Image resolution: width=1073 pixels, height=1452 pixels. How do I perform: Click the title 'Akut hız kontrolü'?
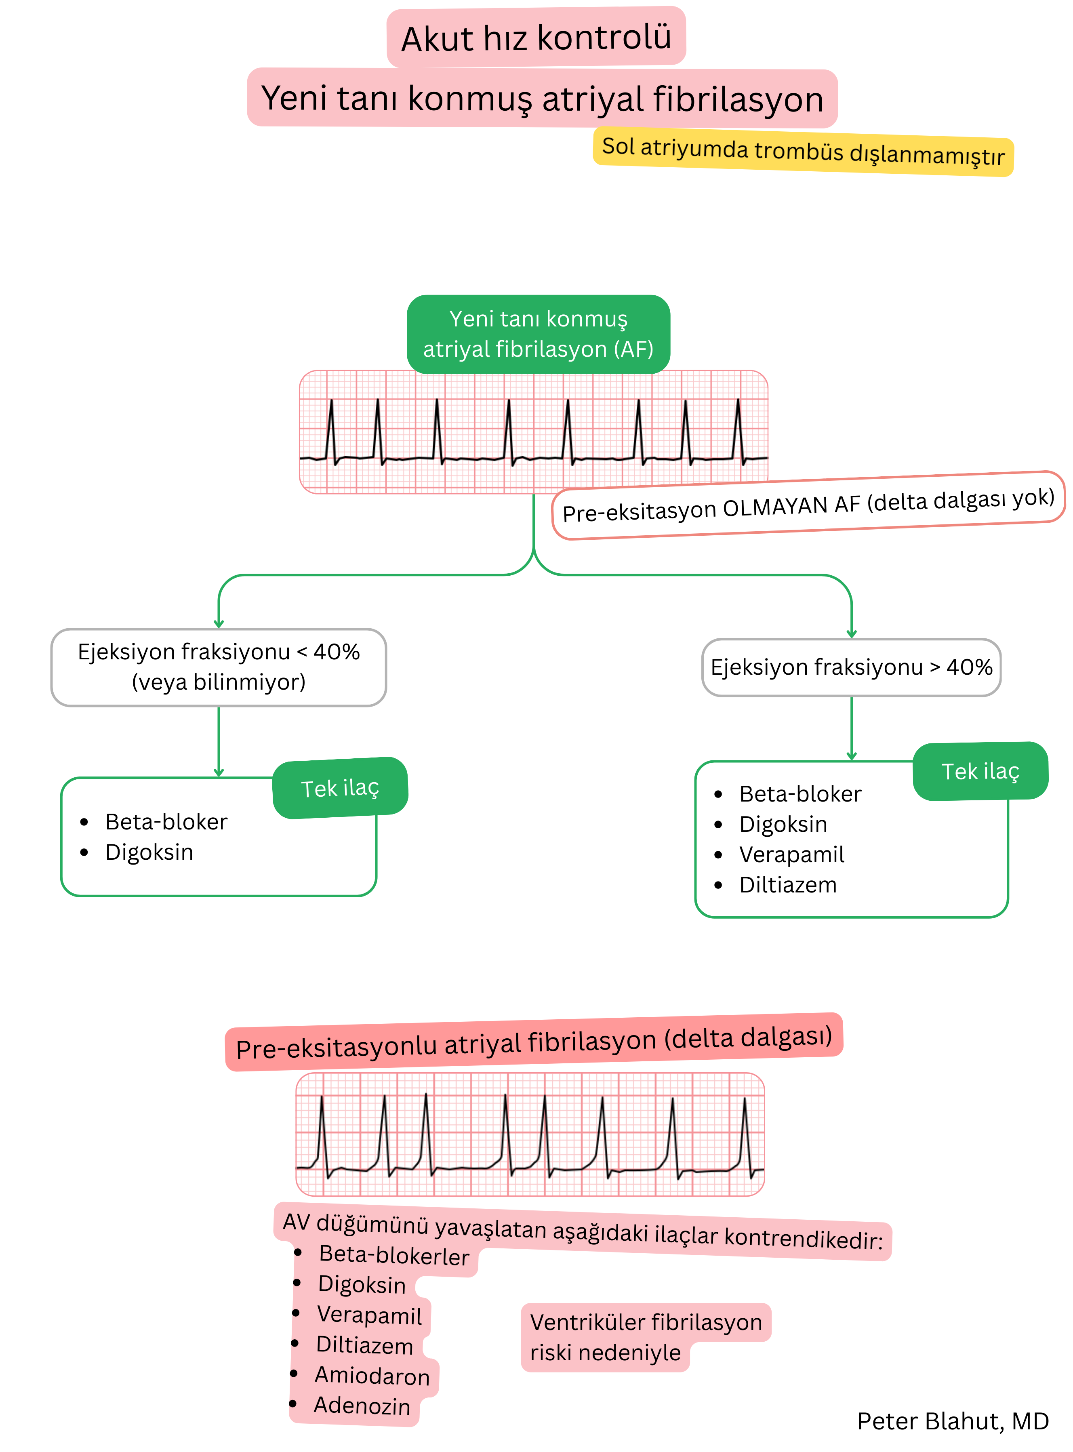536,38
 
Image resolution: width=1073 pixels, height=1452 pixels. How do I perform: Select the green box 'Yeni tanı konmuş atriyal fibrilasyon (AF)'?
539,334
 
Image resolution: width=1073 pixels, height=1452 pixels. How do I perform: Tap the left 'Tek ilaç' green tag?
340,788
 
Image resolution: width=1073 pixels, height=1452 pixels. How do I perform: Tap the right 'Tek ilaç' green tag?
980,772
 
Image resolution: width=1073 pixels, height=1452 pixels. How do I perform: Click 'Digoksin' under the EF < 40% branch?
149,852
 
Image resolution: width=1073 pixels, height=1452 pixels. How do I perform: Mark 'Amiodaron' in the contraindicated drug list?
372,1375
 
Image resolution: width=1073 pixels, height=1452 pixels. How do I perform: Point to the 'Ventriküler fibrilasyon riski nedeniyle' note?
646,1337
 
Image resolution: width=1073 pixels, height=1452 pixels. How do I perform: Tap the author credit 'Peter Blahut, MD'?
952,1421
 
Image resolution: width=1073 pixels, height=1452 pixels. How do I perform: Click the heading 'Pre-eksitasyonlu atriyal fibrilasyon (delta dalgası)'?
534,1042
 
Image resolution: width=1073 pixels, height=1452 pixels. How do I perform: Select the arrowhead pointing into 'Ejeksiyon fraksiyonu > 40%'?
852,634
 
